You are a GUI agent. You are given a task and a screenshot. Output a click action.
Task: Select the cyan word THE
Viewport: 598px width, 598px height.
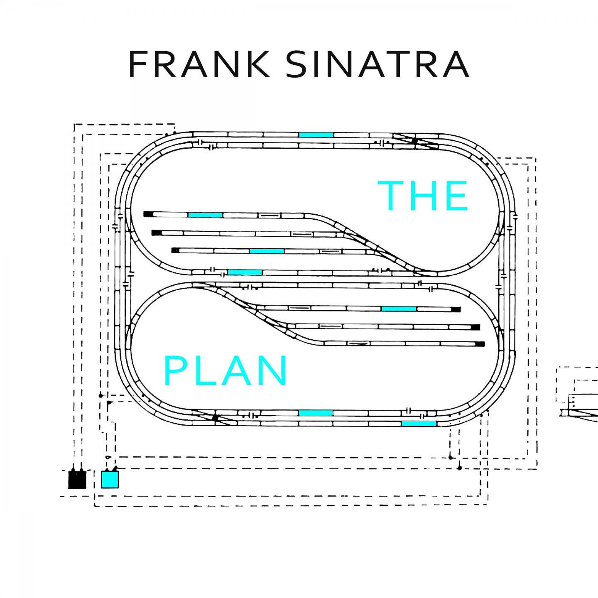pos(423,196)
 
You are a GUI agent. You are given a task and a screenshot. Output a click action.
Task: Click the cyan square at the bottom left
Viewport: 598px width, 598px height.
pos(110,479)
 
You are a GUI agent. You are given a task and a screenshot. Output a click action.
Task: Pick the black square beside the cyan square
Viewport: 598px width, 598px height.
pos(77,480)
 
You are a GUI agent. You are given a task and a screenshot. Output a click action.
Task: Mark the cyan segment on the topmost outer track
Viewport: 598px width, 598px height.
pos(316,135)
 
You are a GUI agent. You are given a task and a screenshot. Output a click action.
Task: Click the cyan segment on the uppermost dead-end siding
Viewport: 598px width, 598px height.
pos(205,215)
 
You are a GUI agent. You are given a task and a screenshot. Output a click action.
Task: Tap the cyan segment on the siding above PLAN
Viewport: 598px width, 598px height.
pos(399,309)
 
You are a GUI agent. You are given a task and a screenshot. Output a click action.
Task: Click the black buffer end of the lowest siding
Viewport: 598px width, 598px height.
pos(480,344)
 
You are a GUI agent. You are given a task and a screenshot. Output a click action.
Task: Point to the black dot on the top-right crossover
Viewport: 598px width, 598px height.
pos(414,141)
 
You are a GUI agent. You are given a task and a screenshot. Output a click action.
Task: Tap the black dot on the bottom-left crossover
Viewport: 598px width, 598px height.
pos(215,418)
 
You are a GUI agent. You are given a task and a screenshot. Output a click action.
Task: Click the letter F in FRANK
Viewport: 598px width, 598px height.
pos(138,65)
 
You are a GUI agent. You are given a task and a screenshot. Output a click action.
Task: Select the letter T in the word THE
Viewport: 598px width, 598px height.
pos(390,196)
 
